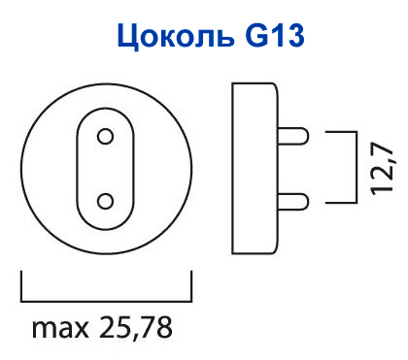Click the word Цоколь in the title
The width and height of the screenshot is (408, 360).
tap(175, 35)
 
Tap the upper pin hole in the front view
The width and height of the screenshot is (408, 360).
tap(105, 137)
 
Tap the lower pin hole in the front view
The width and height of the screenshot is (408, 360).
tap(105, 202)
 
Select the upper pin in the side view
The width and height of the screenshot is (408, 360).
tap(293, 136)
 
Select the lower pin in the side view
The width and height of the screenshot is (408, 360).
tap(293, 202)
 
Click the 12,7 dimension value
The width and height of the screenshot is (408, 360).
tap(382, 168)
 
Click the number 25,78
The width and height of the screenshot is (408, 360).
tap(135, 327)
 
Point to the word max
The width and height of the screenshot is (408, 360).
tap(60, 329)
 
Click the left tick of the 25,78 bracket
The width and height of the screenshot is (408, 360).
tap(21, 286)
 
